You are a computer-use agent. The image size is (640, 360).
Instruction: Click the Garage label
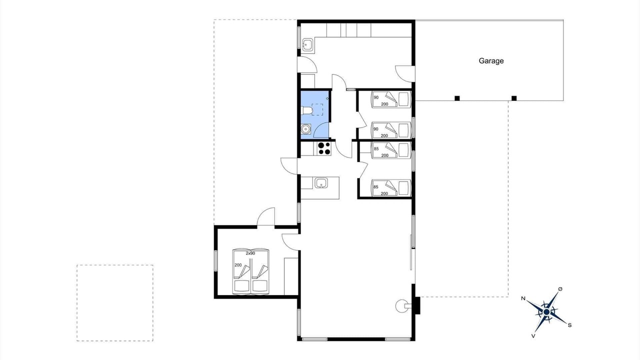(491, 61)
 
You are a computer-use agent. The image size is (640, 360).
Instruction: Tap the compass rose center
(546, 312)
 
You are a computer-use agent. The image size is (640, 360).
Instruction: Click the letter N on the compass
(523, 298)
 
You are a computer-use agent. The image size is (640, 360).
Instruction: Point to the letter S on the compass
(569, 325)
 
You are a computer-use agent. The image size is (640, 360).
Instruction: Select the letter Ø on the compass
(560, 289)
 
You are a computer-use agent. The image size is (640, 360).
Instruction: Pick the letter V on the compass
(533, 336)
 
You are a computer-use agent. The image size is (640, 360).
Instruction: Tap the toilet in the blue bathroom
(306, 110)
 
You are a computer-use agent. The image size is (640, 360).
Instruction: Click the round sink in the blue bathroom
(305, 129)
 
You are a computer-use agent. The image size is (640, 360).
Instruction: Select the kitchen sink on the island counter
(321, 183)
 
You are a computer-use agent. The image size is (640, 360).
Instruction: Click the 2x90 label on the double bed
(250, 253)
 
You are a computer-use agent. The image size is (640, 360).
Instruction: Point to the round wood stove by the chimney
(401, 306)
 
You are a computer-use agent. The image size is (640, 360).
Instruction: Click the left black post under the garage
(457, 98)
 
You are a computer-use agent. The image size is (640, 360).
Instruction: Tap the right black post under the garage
(514, 98)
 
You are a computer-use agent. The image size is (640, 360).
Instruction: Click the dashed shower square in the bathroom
(317, 109)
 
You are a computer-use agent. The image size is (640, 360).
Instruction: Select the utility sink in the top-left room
(307, 45)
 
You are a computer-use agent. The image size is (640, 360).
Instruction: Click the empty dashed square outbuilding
(115, 303)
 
